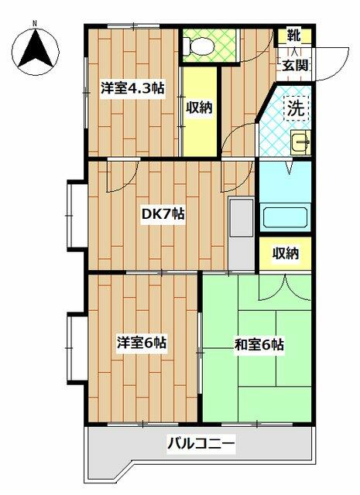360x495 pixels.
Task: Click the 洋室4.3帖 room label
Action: coord(132,87)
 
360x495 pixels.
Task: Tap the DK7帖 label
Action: coord(162,213)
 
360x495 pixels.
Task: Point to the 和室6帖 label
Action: coord(258,343)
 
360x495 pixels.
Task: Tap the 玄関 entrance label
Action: coord(294,64)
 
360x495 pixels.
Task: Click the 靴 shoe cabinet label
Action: coord(294,36)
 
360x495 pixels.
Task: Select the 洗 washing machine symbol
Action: coord(296,108)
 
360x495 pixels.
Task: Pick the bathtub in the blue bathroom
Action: coord(285,217)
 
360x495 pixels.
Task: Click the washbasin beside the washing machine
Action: coord(300,142)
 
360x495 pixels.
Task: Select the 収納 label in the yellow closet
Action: coord(198,108)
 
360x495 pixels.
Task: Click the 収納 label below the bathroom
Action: coord(284,252)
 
